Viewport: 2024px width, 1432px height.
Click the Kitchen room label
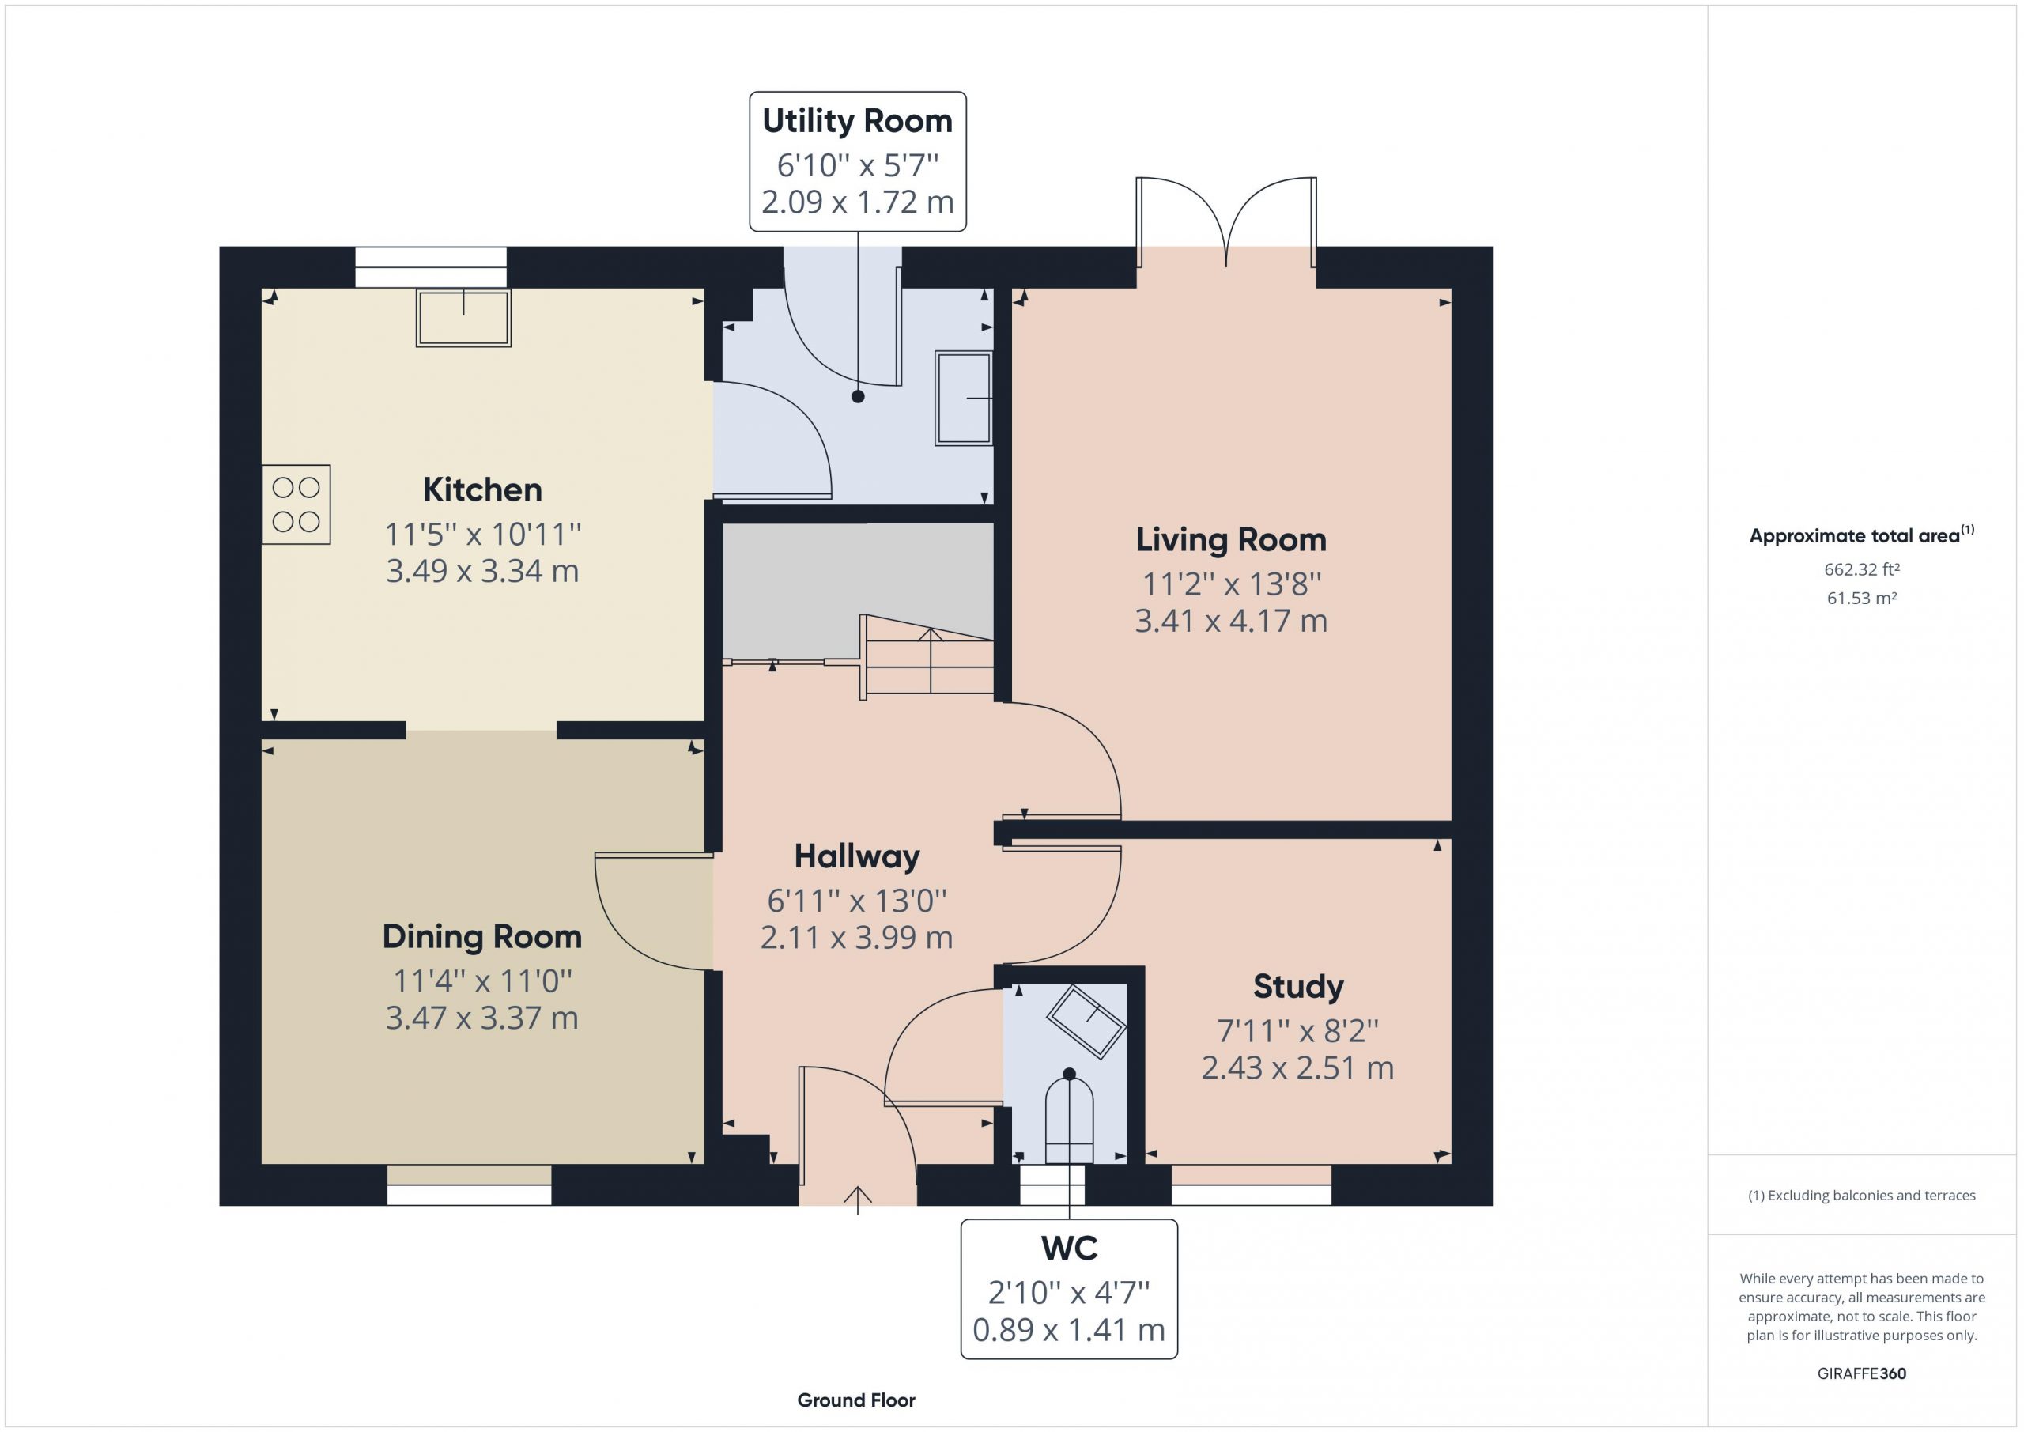(482, 489)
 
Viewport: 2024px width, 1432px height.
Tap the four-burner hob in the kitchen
(296, 504)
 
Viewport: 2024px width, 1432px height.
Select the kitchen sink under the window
(463, 317)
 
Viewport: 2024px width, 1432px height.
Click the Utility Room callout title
(857, 121)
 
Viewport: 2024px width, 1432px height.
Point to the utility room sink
(964, 398)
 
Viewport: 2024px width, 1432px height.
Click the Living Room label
(1231, 539)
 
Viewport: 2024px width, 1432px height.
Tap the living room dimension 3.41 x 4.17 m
(1231, 622)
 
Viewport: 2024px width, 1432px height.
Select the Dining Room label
(482, 936)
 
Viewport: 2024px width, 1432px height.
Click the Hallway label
(857, 856)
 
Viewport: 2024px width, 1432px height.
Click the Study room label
(1297, 987)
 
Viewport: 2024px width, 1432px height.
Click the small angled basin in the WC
(1086, 1021)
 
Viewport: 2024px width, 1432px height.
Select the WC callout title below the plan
(1069, 1248)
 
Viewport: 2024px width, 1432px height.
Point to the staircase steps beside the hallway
(927, 657)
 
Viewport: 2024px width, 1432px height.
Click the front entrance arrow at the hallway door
(858, 1200)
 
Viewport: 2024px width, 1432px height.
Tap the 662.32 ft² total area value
(1862, 569)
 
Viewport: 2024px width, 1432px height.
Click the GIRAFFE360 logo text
(1862, 1373)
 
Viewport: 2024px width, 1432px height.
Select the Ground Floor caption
(856, 1400)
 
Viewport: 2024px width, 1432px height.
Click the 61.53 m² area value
(1862, 598)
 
